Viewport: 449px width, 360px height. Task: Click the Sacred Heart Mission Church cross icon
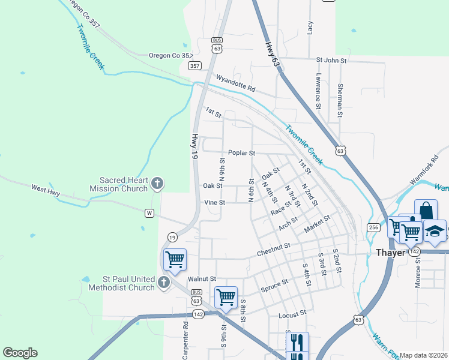click(157, 184)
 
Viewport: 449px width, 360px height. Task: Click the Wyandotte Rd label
click(235, 83)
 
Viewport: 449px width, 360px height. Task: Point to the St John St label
click(331, 61)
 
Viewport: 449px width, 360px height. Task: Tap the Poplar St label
click(241, 153)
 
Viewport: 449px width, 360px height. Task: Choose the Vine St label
click(214, 203)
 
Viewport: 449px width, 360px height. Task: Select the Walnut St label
click(201, 279)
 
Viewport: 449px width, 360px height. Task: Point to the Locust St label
click(292, 314)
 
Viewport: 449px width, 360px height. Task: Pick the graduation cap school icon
click(435, 231)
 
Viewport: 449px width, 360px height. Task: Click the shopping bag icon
click(426, 211)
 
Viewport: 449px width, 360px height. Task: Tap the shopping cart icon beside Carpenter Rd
click(175, 260)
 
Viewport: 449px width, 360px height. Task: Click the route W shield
click(149, 212)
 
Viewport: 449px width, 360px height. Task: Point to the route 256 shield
click(373, 227)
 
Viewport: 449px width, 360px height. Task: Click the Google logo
click(20, 353)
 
